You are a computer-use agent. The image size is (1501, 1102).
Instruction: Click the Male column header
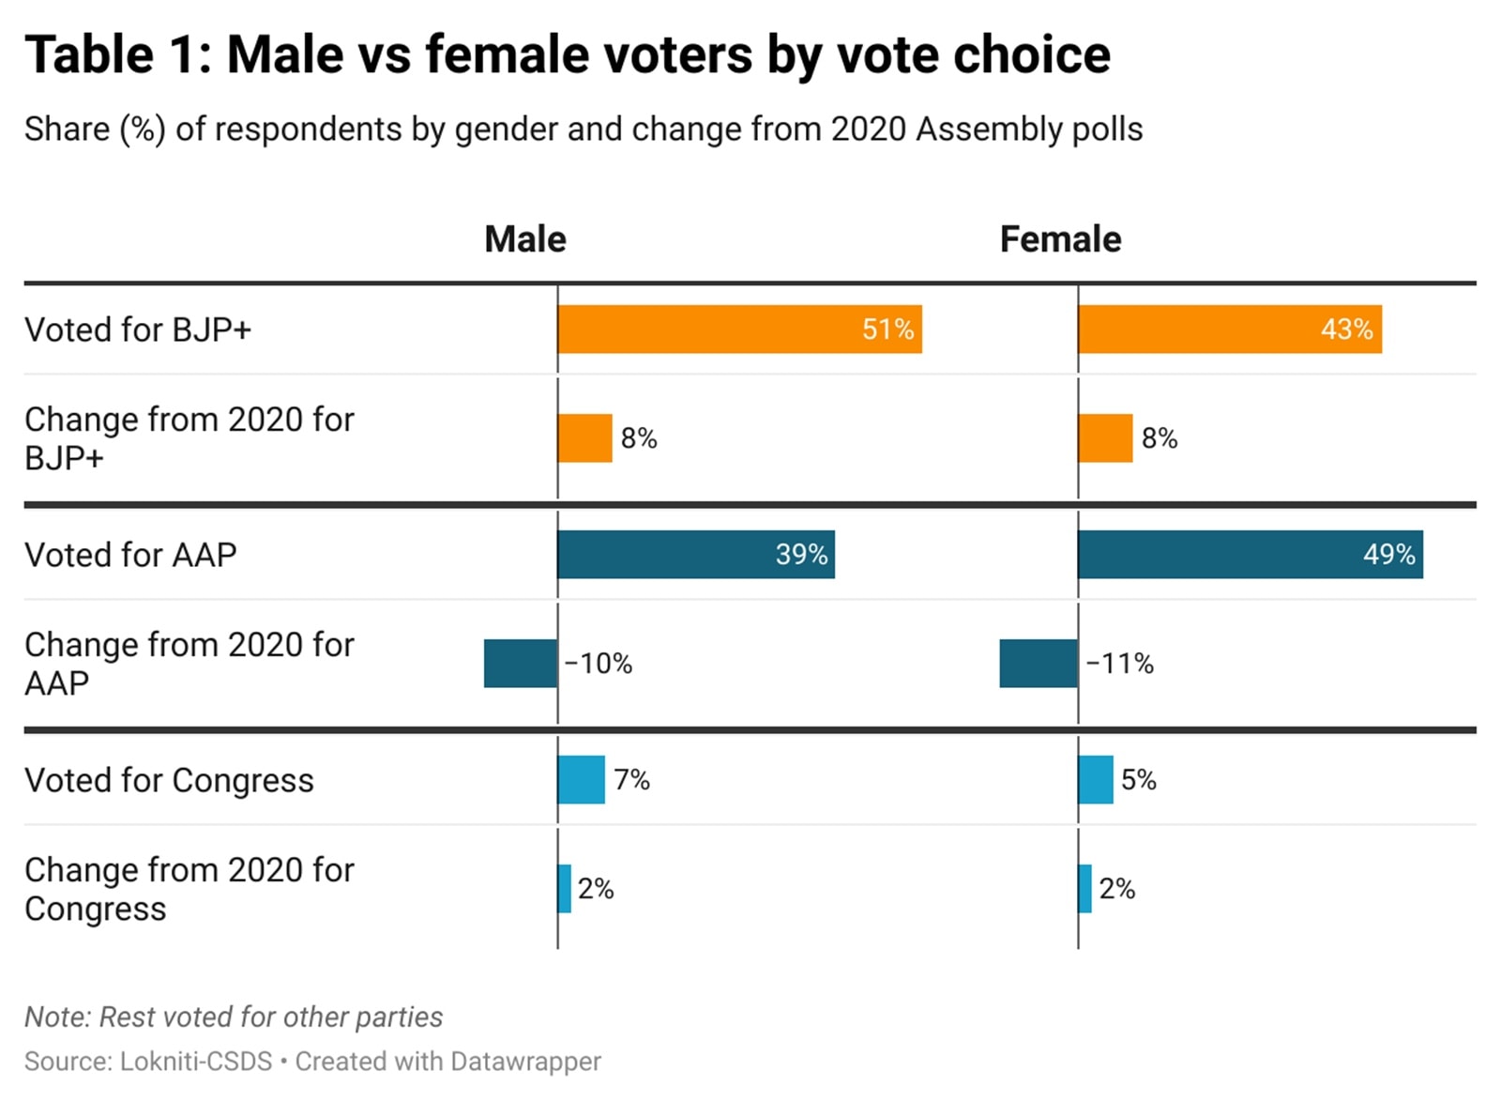524,239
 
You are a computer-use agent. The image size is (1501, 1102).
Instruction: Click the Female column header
1060,239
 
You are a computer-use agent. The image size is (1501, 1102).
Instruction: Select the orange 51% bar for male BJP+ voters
739,329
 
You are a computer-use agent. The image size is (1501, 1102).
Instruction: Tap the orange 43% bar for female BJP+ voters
1229,329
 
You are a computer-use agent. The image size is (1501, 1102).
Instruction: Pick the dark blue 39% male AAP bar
695,555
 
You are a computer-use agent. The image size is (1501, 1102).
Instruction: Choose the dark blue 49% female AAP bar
1250,555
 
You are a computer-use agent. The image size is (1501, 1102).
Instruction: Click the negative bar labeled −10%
520,664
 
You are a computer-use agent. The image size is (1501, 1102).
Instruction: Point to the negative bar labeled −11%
1038,664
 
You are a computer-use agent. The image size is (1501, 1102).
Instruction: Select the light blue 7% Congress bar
581,780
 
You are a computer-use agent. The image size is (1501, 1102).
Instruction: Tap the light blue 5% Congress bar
1095,780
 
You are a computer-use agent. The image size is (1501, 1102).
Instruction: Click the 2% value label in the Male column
596,889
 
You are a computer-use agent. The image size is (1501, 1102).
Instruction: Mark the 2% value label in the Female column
1116,889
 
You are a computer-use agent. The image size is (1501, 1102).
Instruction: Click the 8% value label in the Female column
1160,438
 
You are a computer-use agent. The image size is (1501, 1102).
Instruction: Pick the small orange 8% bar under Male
584,438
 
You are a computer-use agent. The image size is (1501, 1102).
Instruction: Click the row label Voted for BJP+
138,330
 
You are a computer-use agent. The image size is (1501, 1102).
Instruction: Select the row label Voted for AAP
130,556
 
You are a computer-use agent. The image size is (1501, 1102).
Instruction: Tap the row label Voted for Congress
169,781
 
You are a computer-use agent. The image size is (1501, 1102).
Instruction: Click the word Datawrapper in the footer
525,1062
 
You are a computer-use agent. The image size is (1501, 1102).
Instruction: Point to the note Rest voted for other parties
233,1018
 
